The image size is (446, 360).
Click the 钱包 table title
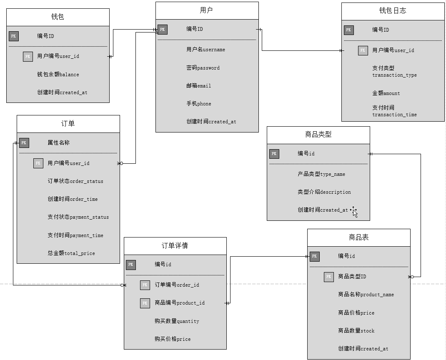(x=58, y=17)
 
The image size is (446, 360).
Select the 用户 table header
(x=206, y=10)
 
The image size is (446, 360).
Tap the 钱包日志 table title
(x=393, y=11)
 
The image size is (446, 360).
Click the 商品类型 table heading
(x=318, y=135)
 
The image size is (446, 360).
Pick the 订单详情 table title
(x=175, y=245)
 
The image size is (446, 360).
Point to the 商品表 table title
(x=358, y=237)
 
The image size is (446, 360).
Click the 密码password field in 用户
(x=203, y=67)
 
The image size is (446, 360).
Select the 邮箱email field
(x=198, y=85)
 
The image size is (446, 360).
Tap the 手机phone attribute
(x=198, y=103)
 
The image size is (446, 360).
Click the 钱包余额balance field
(x=58, y=74)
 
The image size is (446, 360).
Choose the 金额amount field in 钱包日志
(x=386, y=93)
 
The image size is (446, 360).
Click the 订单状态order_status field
(x=75, y=181)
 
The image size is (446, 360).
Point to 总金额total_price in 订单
(x=71, y=253)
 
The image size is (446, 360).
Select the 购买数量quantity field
(x=176, y=321)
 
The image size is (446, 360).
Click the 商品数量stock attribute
(x=356, y=330)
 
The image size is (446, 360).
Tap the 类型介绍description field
(x=324, y=192)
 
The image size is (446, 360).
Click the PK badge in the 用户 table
(x=163, y=29)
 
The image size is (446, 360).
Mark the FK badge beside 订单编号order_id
(x=145, y=285)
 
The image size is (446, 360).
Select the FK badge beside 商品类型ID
(x=328, y=277)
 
